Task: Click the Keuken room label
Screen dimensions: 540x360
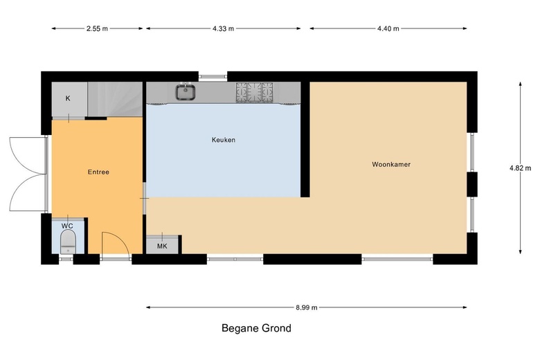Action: pyautogui.click(x=224, y=140)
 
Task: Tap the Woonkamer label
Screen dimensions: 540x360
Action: pyautogui.click(x=391, y=164)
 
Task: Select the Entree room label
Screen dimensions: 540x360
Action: pyautogui.click(x=98, y=172)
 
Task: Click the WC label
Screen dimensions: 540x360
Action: pyautogui.click(x=67, y=226)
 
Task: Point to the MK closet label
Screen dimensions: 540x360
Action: pyautogui.click(x=162, y=246)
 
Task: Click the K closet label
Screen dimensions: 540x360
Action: pyautogui.click(x=68, y=98)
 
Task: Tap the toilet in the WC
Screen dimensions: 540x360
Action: pyautogui.click(x=68, y=242)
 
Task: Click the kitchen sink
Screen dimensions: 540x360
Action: pyautogui.click(x=186, y=92)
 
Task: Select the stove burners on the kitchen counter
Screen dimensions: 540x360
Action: pyautogui.click(x=255, y=92)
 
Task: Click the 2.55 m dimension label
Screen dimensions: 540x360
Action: pyautogui.click(x=97, y=28)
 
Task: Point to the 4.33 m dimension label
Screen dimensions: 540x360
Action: pyautogui.click(x=223, y=28)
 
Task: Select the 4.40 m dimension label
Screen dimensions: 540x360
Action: pyautogui.click(x=388, y=28)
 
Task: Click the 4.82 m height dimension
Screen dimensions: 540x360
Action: pyautogui.click(x=520, y=168)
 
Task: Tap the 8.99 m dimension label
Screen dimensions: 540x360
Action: pyautogui.click(x=307, y=307)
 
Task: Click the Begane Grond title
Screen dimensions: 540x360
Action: pyautogui.click(x=257, y=328)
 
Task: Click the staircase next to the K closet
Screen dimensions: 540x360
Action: pyautogui.click(x=115, y=99)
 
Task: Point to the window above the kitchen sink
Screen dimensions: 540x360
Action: pyautogui.click(x=213, y=76)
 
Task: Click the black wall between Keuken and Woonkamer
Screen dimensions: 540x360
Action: pyautogui.click(x=305, y=140)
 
